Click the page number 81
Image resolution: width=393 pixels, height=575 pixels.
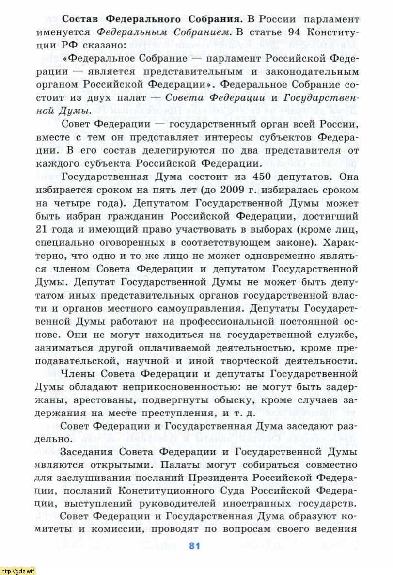point(194,546)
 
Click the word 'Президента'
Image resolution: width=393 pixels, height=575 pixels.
point(225,477)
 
